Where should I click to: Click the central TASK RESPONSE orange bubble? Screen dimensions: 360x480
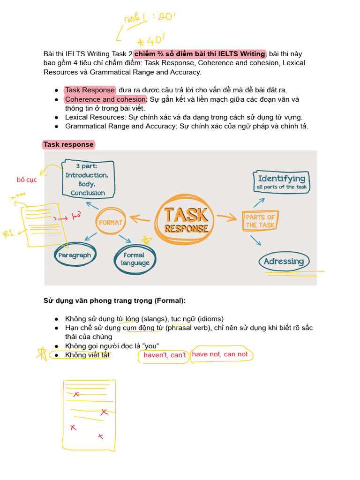tap(186, 220)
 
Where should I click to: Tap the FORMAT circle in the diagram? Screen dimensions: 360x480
tap(111, 222)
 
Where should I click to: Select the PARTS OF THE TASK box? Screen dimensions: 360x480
tap(260, 221)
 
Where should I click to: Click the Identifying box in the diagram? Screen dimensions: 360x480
tap(281, 182)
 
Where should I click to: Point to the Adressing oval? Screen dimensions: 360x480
tap(284, 262)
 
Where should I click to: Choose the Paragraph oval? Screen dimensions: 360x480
tap(75, 255)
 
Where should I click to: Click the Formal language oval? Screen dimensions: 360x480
tap(135, 259)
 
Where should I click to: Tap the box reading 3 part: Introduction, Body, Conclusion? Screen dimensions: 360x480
tap(88, 179)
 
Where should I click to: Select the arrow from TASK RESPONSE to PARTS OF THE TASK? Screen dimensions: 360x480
tap(227, 217)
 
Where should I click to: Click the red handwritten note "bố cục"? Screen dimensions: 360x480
tap(26, 180)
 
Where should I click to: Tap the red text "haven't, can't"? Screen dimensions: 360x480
tap(165, 355)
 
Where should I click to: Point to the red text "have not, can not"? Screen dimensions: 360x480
tap(220, 354)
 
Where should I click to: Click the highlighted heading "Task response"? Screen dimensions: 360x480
tap(68, 144)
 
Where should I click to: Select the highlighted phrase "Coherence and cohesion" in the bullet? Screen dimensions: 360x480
tap(105, 99)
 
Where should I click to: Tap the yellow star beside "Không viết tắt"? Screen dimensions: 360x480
tap(42, 354)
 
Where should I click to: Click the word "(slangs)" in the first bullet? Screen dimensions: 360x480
tap(154, 319)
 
